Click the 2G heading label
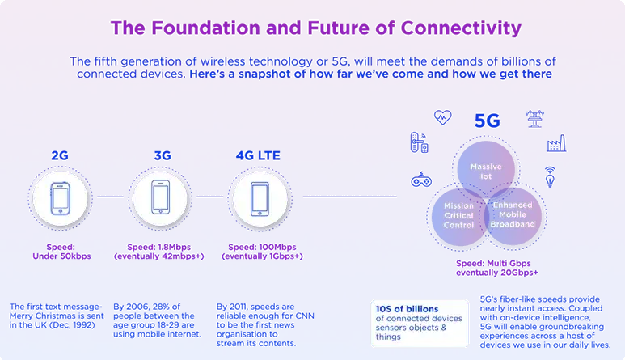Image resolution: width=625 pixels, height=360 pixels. [60, 155]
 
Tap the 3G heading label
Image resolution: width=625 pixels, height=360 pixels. [163, 155]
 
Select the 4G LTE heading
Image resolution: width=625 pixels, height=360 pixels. [258, 155]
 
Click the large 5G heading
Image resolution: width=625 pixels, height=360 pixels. [487, 121]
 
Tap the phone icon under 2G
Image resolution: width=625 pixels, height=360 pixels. [60, 198]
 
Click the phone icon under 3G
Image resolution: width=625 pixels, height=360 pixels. [161, 197]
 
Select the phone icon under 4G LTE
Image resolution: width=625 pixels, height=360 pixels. [260, 199]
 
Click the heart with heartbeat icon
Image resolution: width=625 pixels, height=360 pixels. [442, 117]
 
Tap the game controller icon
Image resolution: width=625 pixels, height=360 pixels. [421, 180]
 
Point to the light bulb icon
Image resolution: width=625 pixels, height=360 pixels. [550, 177]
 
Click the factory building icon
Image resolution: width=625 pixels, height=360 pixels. [556, 143]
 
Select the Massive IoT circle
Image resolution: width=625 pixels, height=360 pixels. [486, 169]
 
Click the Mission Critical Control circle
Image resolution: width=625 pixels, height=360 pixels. [460, 216]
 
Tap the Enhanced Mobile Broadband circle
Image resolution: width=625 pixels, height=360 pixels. [513, 216]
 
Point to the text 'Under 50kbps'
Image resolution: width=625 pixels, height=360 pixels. [61, 256]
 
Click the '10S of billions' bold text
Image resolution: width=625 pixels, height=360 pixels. [407, 309]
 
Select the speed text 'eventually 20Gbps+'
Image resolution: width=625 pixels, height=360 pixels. [497, 273]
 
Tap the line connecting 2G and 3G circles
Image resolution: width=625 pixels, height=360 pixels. [111, 197]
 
